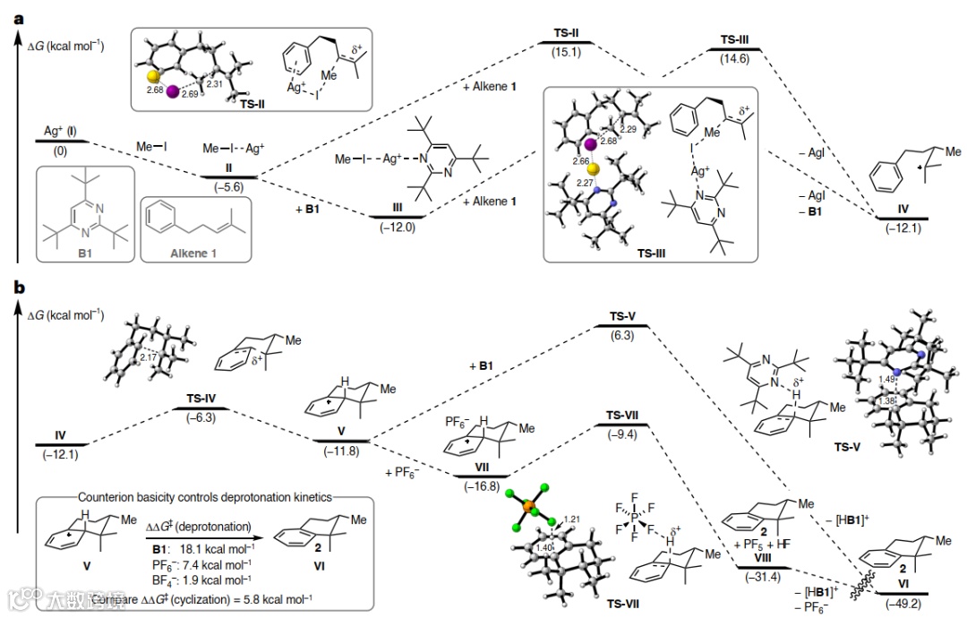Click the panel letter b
20,288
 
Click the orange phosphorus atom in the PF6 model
527,510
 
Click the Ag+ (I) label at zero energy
60,131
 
